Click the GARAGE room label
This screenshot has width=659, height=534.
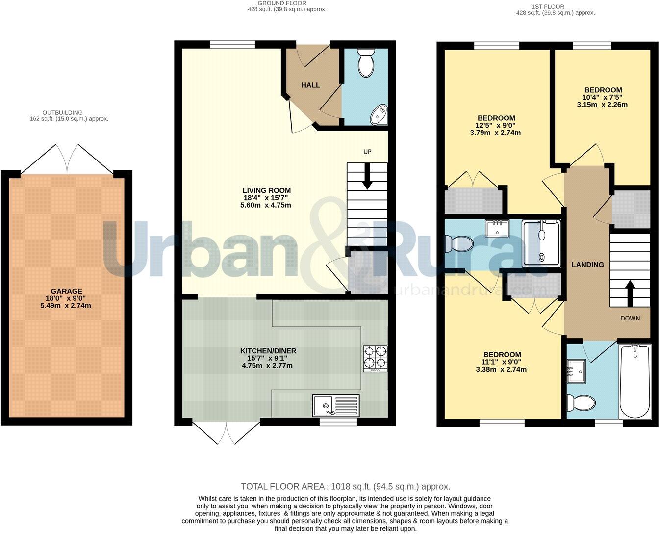[x=67, y=291]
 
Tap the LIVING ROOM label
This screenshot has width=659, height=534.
[x=267, y=190]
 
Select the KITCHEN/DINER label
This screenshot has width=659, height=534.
[x=268, y=351]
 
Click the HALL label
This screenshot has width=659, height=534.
[x=310, y=85]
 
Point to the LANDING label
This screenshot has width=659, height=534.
[x=587, y=265]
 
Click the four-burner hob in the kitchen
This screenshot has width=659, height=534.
[x=375, y=358]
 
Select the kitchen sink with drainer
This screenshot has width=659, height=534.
[x=336, y=405]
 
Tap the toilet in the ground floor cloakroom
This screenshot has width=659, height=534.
[x=366, y=63]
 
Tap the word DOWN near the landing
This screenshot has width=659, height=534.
[x=630, y=318]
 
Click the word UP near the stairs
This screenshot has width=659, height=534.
[x=367, y=152]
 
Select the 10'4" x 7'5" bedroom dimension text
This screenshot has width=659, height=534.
[x=603, y=97]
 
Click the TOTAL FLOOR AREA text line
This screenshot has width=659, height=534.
[x=345, y=486]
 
